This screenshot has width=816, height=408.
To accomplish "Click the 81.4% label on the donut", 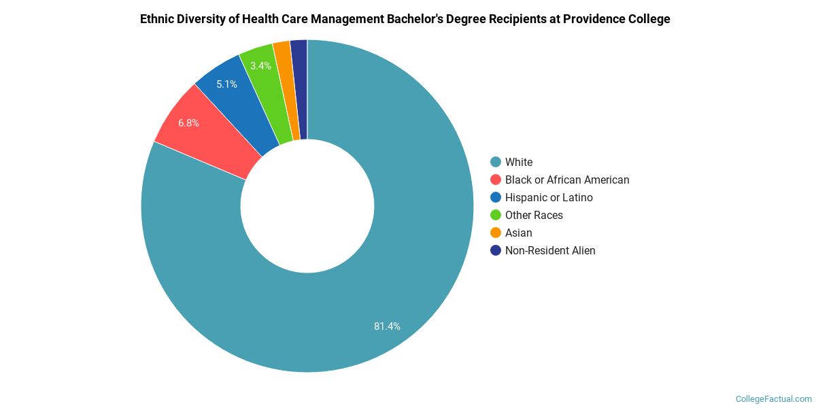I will coord(387,326).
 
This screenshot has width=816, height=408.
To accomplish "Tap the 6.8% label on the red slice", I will coord(188,123).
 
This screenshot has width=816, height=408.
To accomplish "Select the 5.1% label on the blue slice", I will coord(226,84).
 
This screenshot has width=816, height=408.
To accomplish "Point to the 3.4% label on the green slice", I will coord(260,66).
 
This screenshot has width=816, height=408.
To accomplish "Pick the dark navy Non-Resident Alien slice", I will coord(299,88).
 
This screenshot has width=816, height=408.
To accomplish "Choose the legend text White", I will coord(519,162).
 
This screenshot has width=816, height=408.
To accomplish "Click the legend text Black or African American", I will coord(567,180).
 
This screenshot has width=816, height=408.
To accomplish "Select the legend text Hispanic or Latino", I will coord(549,197).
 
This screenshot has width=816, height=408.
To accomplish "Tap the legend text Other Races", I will coord(534,215).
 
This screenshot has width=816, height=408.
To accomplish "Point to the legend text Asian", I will coord(519,233).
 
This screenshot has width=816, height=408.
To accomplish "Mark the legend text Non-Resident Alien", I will coord(550,250).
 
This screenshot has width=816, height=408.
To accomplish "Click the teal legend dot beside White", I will coord(496,162).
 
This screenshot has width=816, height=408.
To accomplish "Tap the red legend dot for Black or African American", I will coord(496,180).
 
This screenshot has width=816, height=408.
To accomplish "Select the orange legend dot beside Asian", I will coord(496,233).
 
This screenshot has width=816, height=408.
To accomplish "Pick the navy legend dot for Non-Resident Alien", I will coord(496,250).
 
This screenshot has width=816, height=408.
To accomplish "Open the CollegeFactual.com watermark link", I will coord(774,399).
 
